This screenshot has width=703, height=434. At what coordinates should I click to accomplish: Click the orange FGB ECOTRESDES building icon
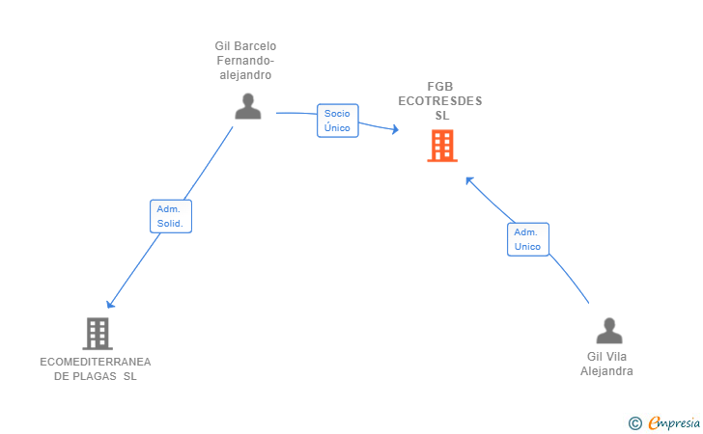point(442,146)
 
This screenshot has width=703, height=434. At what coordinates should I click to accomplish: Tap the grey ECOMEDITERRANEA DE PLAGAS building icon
point(97,333)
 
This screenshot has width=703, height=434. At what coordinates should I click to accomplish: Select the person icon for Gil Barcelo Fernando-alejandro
point(248,106)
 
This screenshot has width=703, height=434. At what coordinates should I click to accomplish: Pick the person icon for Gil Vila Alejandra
point(608,331)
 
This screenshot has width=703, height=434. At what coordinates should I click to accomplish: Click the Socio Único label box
point(337,121)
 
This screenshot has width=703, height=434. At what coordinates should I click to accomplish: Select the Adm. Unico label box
point(527,239)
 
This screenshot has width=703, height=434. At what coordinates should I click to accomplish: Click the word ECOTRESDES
point(440,101)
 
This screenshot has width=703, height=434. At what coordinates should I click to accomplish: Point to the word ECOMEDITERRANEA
point(96,362)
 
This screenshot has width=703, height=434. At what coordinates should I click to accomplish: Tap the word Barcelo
point(255,45)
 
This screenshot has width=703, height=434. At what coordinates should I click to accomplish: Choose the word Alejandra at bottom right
point(606,370)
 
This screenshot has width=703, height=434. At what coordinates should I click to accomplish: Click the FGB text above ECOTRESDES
point(440,87)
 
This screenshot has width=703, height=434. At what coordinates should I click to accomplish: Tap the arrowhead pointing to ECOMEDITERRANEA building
point(110,304)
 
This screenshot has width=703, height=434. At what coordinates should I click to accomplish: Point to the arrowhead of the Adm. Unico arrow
point(468,178)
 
